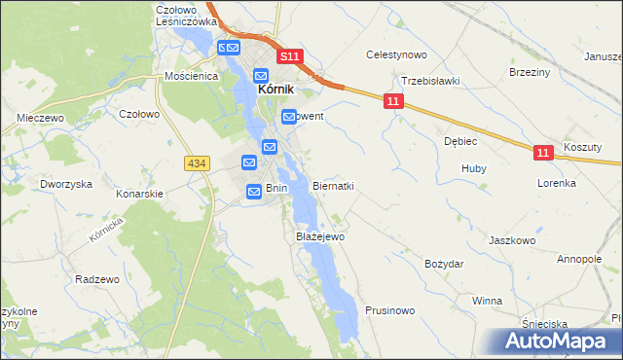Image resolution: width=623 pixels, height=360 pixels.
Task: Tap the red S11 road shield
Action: coord(289,57)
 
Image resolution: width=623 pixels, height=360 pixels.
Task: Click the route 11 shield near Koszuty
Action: coord(544,153)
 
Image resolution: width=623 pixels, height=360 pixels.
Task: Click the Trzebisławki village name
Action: coord(429,82)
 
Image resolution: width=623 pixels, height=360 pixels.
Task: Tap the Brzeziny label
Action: coord(530,72)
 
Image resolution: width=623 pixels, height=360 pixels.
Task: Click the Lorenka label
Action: coord(557,183)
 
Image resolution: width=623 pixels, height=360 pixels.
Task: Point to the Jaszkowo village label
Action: coord(513,239)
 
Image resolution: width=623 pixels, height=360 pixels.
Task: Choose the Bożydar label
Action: coord(444,264)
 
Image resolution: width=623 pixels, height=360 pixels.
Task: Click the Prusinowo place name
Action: coord(390,310)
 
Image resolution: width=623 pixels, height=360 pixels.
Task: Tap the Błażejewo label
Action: coord(319,236)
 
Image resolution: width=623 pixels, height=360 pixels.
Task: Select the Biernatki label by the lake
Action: coord(333,186)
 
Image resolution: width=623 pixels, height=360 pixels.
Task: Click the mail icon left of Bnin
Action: coord(253,193)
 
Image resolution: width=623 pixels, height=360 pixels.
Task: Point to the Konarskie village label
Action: coord(139,194)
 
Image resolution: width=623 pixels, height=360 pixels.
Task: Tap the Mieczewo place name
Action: coord(40,118)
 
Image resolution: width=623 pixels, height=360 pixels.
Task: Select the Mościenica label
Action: coord(189,75)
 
